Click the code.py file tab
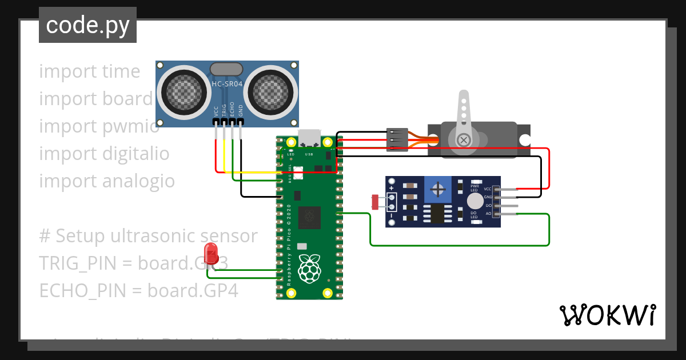(87, 25)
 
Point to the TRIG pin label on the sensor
(224, 110)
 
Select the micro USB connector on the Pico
(309, 138)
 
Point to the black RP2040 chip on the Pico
(309, 216)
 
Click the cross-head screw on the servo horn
(465, 139)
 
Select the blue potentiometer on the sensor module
(438, 189)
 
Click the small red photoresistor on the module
(376, 202)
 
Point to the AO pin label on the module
(488, 214)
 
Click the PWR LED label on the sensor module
(474, 188)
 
